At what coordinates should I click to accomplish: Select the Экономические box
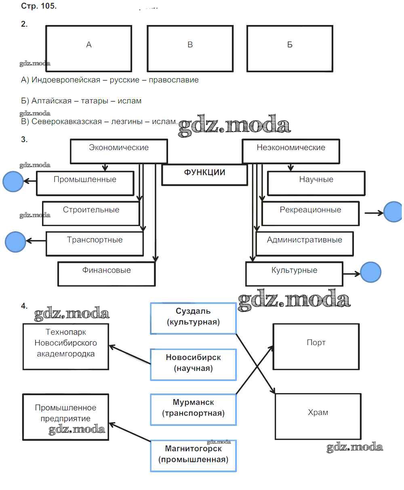119,151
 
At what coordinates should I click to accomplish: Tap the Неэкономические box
291,151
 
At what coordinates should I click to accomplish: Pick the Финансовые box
107,274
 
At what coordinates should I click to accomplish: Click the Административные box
305,243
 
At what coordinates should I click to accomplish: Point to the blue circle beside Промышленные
13,181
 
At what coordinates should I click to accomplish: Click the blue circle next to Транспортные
15,242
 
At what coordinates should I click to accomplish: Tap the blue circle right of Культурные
370,272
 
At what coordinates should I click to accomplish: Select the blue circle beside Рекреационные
393,212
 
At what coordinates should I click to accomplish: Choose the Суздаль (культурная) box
193,318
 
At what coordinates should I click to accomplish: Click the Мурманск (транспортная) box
193,409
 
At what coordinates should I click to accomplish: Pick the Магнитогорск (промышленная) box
193,456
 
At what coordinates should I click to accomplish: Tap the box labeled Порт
316,346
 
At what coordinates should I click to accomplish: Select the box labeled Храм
318,416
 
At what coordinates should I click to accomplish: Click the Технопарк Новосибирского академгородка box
66,346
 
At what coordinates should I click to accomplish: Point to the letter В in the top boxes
190,45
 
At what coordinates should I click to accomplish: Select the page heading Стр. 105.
39,7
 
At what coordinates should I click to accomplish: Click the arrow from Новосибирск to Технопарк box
130,354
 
